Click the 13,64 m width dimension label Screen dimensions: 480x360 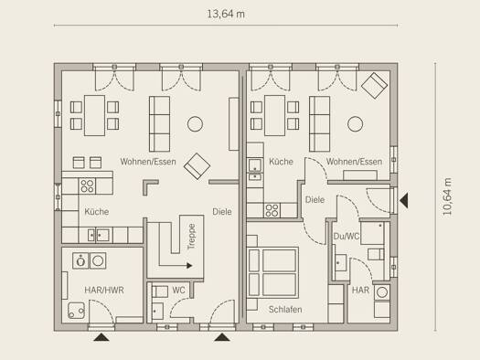click(226, 14)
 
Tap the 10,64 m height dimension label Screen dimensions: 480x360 click(447, 196)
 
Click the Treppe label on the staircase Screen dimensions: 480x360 click(191, 237)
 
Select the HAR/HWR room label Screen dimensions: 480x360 click(104, 290)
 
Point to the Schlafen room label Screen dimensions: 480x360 click(285, 310)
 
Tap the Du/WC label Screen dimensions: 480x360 click(347, 237)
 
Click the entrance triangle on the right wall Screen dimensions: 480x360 click(404, 201)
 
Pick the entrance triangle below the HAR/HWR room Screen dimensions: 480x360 click(101, 337)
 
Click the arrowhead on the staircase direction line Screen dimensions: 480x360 click(189, 266)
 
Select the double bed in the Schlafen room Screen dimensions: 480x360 click(273, 272)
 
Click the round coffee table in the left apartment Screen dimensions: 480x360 click(195, 124)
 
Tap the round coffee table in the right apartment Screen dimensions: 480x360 click(356, 124)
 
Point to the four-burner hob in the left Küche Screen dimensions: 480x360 click(87, 186)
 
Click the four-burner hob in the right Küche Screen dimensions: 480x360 click(272, 210)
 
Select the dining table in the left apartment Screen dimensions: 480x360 click(95, 116)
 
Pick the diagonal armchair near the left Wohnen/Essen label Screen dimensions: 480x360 click(197, 166)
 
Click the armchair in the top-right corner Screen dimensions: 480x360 click(374, 86)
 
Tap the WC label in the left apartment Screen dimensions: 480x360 click(178, 290)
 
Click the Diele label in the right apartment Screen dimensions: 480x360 click(315, 200)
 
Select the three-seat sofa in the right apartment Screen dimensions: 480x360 click(320, 124)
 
